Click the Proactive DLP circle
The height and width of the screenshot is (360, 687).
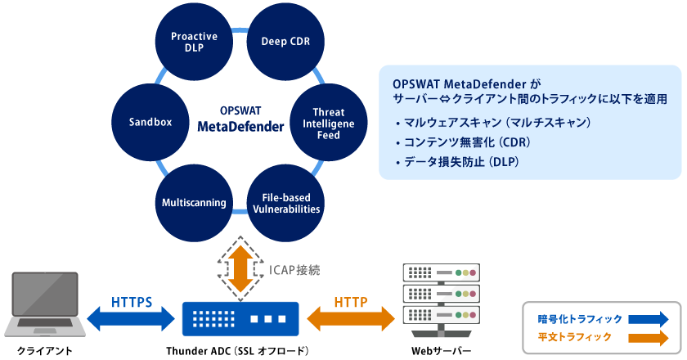point(194,41)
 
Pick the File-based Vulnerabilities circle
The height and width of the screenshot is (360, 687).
point(285,202)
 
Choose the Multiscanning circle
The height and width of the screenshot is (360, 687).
point(193,202)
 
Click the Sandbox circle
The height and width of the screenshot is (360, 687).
point(150,122)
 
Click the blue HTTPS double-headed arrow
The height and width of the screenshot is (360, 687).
point(132,316)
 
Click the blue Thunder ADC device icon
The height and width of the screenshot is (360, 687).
point(240,317)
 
